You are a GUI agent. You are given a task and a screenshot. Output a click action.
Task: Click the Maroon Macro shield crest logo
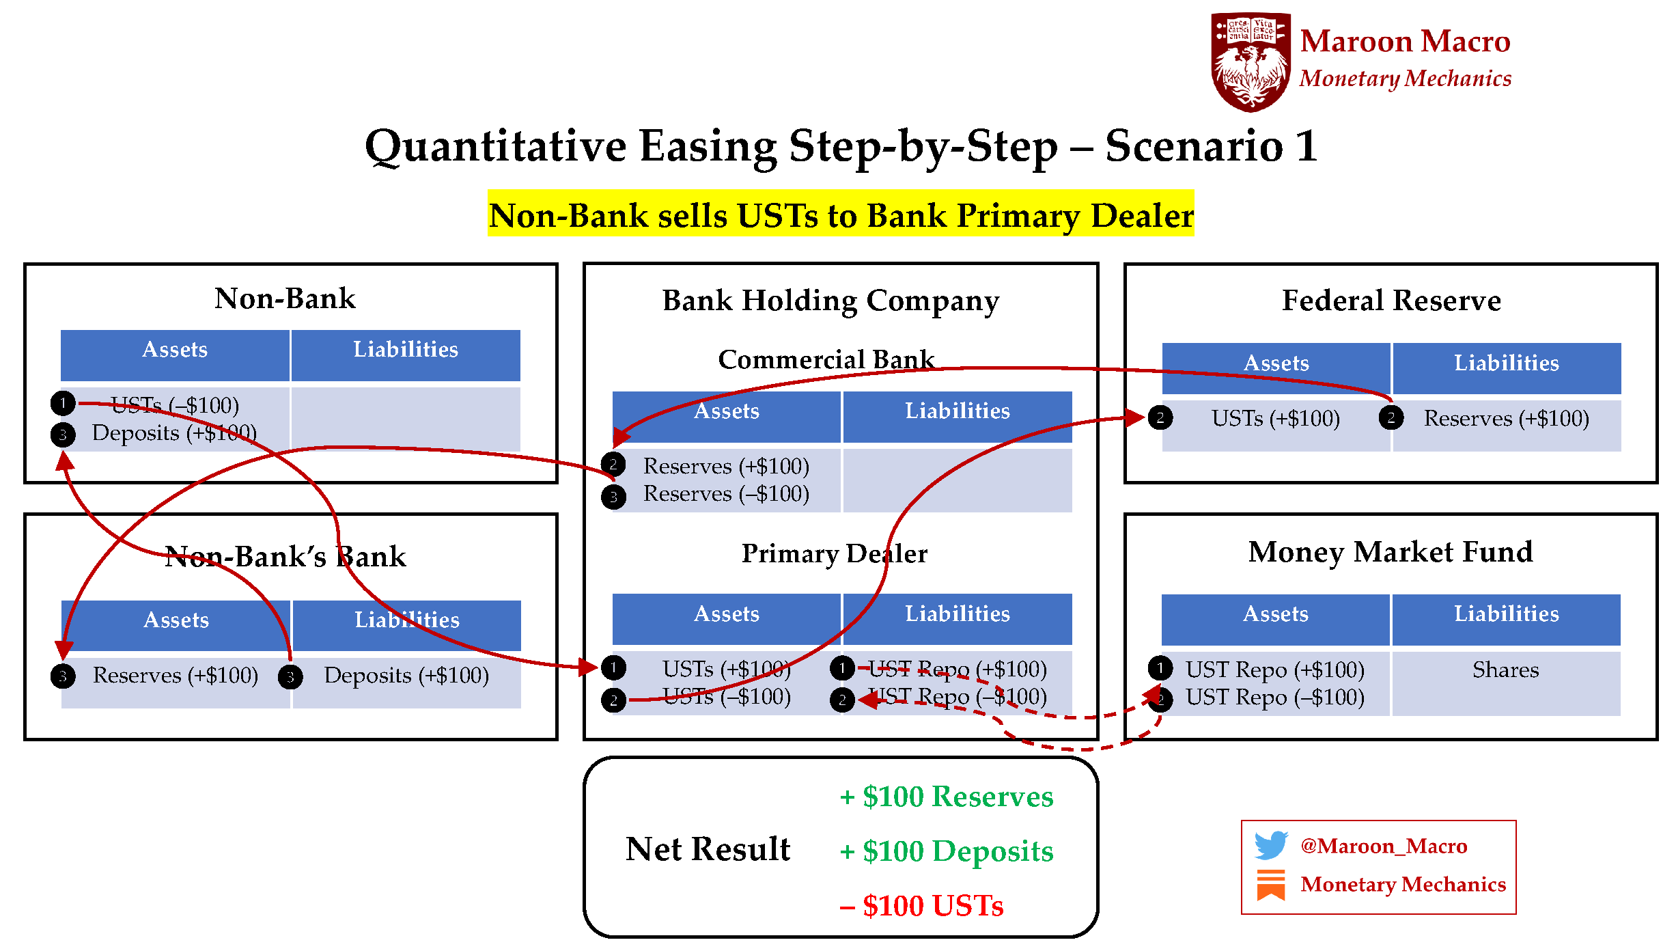pos(1251,61)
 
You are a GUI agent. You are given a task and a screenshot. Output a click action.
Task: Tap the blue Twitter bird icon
pos(1270,845)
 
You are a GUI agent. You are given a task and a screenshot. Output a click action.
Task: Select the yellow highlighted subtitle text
pos(841,215)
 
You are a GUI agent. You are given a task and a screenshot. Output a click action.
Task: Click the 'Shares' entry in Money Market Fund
pos(1505,670)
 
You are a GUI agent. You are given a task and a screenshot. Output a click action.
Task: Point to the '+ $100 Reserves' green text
pos(947,797)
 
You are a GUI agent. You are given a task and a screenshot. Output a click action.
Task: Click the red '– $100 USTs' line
pos(922,906)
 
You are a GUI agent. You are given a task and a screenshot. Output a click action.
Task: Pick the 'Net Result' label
pos(708,849)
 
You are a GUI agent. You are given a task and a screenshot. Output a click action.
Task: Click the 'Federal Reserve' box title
pos(1391,300)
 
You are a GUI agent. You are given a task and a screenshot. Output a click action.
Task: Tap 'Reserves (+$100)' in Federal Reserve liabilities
pos(1506,418)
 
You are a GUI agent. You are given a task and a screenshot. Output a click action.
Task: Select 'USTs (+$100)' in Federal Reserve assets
pos(1275,418)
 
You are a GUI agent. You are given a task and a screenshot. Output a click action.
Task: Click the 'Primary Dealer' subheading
pos(834,553)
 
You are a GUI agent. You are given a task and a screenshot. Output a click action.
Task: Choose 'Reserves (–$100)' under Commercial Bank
pos(726,493)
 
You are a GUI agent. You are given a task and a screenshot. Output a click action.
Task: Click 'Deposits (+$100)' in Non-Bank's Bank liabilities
pos(406,675)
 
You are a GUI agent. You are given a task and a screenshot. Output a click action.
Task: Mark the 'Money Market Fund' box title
pos(1391,552)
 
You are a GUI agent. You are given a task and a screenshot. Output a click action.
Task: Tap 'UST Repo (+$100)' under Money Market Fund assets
pos(1274,670)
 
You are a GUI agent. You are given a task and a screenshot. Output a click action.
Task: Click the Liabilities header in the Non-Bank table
pos(406,350)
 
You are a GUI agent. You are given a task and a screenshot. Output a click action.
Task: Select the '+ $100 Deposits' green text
pos(947,851)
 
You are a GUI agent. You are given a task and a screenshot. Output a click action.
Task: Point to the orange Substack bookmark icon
pos(1270,884)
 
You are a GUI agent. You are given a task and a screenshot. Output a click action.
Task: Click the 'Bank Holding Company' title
pos(830,301)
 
